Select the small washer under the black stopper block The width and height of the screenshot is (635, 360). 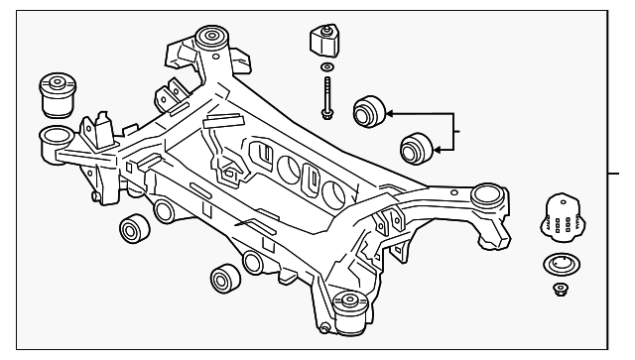click(x=326, y=70)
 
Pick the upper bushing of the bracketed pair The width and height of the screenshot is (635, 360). click(x=369, y=108)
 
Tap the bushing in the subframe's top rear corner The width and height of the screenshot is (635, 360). click(x=209, y=39)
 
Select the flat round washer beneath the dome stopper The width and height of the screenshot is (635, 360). click(x=561, y=267)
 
